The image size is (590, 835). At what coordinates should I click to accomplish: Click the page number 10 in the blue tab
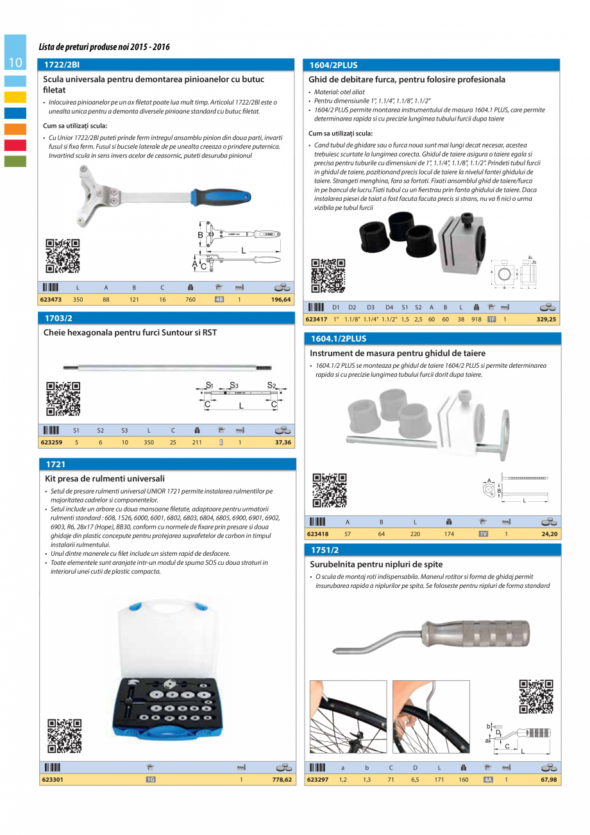(x=15, y=62)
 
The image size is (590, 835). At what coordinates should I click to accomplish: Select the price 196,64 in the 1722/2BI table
(x=280, y=300)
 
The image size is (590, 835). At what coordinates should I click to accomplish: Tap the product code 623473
(x=51, y=300)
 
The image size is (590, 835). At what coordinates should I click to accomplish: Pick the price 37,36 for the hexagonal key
(x=282, y=442)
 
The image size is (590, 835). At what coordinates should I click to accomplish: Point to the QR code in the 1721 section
(x=65, y=736)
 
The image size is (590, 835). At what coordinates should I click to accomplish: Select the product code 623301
(x=51, y=780)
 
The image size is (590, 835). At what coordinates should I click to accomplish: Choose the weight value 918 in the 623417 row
(x=476, y=319)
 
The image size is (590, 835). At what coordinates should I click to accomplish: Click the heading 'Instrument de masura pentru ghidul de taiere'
(x=398, y=353)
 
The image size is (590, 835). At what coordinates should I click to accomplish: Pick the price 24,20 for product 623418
(x=548, y=533)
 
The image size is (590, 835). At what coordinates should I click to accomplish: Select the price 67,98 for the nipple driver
(x=547, y=780)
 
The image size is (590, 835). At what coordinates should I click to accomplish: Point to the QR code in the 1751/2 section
(x=536, y=696)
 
